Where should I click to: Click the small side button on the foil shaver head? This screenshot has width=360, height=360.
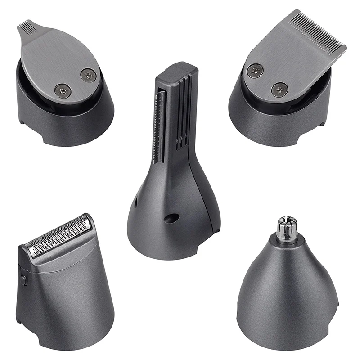[24, 279]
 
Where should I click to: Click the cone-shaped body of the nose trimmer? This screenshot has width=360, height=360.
[288, 288]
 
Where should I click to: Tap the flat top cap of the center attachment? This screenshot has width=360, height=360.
[182, 68]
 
